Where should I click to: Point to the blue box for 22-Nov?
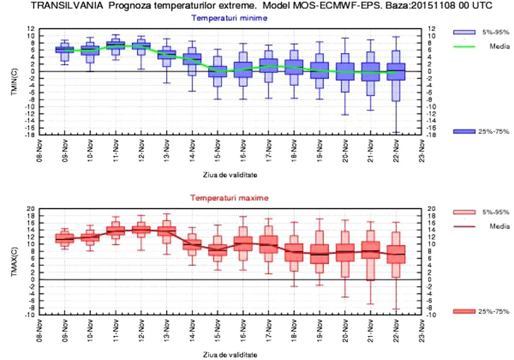pos(395,71)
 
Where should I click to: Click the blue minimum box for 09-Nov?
pos(64,49)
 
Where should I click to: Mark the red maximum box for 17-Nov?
pos(268,244)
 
